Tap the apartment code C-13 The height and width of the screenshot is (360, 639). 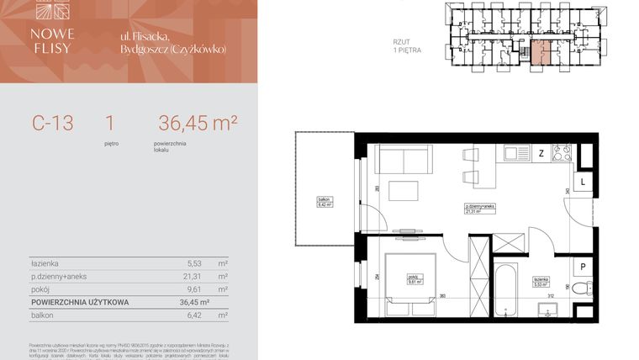click(53, 123)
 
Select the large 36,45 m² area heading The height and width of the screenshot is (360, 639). click(197, 123)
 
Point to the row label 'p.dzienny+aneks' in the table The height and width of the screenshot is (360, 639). click(58, 275)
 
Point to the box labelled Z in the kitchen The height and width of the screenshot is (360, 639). click(541, 153)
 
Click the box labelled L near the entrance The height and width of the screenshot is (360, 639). click(584, 182)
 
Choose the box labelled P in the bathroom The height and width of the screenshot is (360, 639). click(584, 267)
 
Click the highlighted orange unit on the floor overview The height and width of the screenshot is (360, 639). click(541, 52)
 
